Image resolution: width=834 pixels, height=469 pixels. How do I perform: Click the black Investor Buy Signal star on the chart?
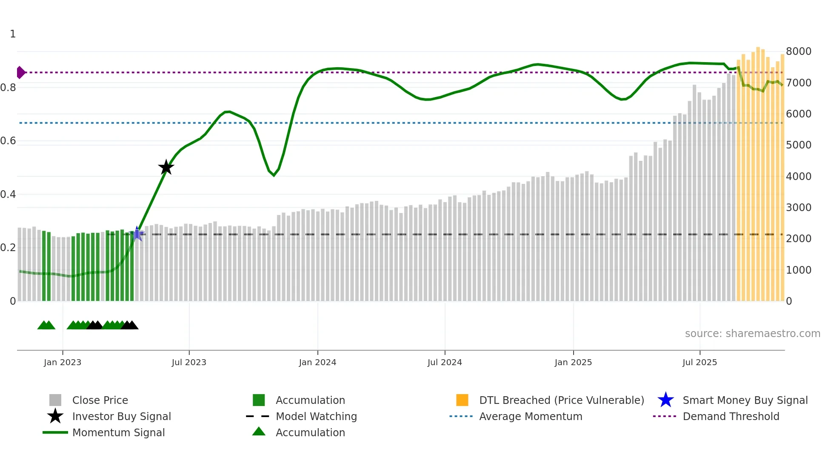click(x=166, y=167)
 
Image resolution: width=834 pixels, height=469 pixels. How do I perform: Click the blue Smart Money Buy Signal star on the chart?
click(x=137, y=234)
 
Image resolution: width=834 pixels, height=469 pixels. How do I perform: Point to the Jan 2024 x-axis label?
click(x=317, y=362)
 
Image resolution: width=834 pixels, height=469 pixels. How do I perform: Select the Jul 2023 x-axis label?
click(x=189, y=362)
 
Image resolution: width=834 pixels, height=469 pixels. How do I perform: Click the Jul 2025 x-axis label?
click(x=700, y=362)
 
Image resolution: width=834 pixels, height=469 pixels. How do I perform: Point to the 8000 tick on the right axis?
click(x=798, y=51)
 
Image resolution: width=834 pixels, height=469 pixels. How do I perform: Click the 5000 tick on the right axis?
click(x=798, y=145)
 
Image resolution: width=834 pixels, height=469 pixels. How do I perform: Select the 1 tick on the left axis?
click(x=13, y=34)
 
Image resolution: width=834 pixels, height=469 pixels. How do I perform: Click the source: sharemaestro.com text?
click(x=752, y=334)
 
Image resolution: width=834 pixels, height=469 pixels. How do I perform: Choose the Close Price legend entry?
click(x=100, y=400)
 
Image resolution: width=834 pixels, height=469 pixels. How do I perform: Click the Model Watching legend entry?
click(x=316, y=416)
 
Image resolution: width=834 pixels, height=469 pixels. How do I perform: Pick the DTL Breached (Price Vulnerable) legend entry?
click(x=561, y=400)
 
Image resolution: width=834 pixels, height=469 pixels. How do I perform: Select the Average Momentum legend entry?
click(x=530, y=416)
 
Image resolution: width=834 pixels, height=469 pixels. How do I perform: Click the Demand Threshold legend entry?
click(x=731, y=416)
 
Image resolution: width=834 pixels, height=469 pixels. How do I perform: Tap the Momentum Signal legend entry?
click(x=118, y=432)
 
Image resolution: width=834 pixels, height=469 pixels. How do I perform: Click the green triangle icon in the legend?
click(x=259, y=432)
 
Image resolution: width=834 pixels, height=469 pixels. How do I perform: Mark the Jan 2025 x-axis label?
click(x=573, y=362)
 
